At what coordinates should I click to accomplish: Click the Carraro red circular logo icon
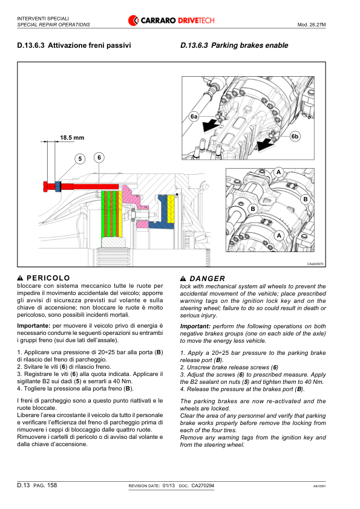click(x=133, y=21)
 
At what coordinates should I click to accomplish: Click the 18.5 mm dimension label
click(x=72, y=138)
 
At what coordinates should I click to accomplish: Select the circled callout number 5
click(x=80, y=159)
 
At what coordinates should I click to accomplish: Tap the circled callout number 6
click(x=99, y=158)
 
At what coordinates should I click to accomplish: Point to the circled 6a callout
click(x=194, y=116)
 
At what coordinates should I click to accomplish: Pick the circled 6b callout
click(x=295, y=137)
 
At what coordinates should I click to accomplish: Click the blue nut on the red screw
click(x=58, y=186)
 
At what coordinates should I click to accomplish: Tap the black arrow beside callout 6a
click(x=209, y=125)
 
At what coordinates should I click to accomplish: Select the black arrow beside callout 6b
click(x=264, y=144)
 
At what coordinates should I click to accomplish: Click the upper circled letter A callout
click(x=278, y=172)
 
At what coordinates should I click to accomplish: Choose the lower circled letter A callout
click(x=279, y=236)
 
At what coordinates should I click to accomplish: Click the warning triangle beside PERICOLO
click(x=20, y=278)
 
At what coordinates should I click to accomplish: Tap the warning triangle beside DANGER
click(x=183, y=279)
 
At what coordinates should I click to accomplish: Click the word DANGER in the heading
click(x=208, y=279)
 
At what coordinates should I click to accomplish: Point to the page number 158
click(x=52, y=485)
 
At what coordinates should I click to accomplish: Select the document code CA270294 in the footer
click(x=203, y=485)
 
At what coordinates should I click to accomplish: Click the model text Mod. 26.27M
click(x=312, y=25)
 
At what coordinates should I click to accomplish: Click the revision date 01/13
click(x=169, y=485)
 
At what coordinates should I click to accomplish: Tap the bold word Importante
click(x=33, y=326)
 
